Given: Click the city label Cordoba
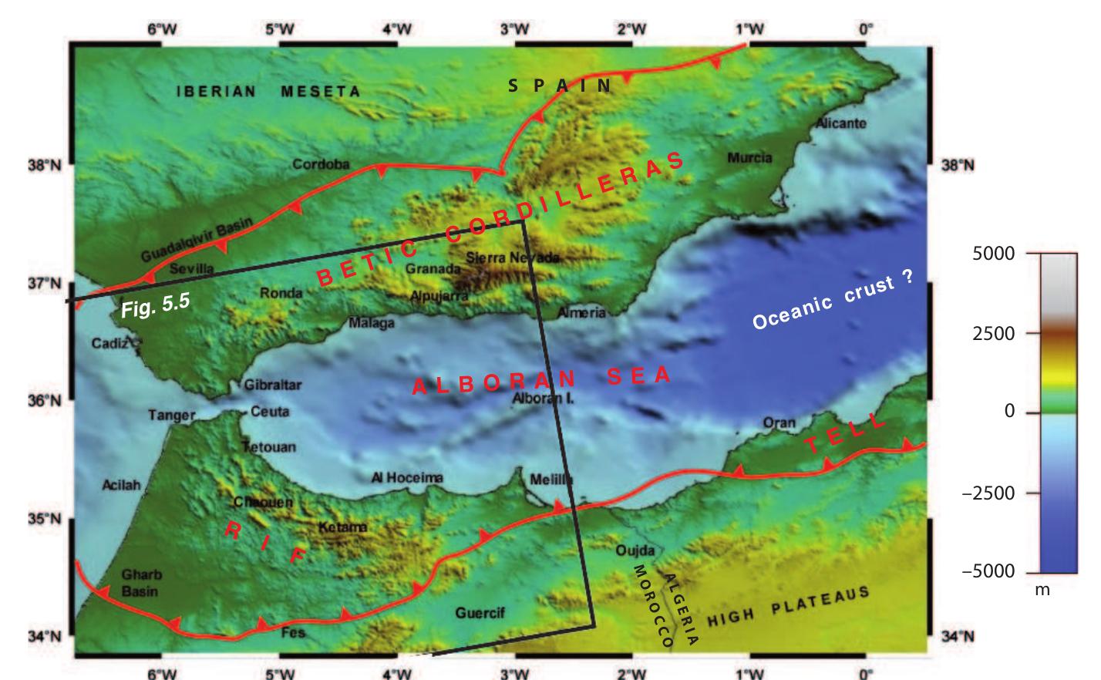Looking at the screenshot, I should coord(321,164).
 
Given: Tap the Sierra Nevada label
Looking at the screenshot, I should coord(512,257).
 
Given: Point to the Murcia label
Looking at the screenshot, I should coord(749,157).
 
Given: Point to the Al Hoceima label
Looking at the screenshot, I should coord(407,478).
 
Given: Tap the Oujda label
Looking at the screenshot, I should coord(635,550).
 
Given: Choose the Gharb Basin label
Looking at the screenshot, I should coord(142,583).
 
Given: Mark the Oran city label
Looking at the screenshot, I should coord(779,422).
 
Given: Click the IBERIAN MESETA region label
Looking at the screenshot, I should coord(268,91).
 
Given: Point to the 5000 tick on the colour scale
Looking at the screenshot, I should coord(995,253).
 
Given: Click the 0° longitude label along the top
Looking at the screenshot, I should coord(866,29).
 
